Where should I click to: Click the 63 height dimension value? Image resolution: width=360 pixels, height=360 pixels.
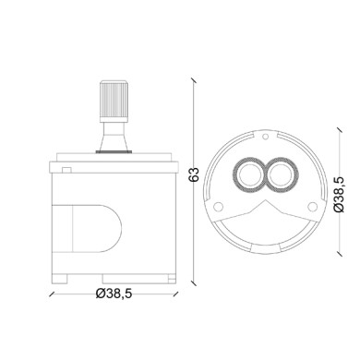[x=193, y=173]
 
